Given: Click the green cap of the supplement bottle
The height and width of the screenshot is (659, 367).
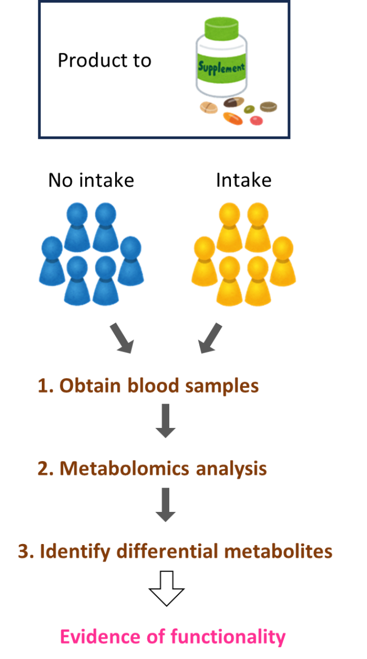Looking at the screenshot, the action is coord(221,28).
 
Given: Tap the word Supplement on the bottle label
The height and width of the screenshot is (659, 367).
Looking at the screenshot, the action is coord(221,68).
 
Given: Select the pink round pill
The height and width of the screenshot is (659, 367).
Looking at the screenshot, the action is coord(256,120).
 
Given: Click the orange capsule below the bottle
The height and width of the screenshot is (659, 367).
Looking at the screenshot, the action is coord(233,119).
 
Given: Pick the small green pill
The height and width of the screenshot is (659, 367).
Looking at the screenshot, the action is coord(249,109).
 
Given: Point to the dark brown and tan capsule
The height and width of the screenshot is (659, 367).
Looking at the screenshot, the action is coord(233,102).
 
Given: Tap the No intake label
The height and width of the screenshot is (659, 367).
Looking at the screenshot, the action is coord(91,180).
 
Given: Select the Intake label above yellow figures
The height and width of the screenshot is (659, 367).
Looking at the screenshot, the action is coord(244,180).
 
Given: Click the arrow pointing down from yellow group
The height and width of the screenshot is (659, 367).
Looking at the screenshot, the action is coord(210,338).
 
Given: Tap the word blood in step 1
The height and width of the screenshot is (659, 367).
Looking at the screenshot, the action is coord(153,385).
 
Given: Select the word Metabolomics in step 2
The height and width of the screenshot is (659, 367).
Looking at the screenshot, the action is coord(124,468).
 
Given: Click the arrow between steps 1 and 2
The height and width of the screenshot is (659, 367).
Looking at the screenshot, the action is coord(166,421).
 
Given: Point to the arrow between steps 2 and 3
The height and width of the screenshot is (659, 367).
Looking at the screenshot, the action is coord(166,505).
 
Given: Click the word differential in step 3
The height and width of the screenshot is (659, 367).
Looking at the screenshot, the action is coord(167,551).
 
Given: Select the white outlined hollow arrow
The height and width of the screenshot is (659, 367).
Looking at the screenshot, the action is coord(167,588).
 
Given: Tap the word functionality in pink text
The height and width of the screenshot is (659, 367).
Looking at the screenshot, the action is coord(228,637).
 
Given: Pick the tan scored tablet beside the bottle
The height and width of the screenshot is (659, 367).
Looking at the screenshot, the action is coord(208,108).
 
